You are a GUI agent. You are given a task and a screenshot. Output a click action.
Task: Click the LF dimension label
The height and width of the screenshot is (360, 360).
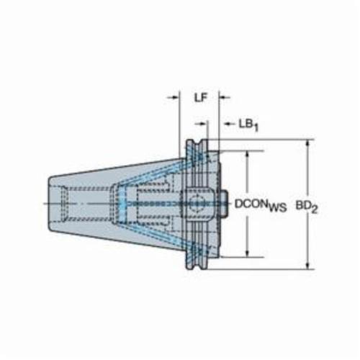click(x=200, y=98)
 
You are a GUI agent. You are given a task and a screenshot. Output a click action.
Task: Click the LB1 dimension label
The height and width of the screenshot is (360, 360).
click(x=248, y=125)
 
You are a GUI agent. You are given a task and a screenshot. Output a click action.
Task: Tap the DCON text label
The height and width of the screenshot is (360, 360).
click(x=251, y=204)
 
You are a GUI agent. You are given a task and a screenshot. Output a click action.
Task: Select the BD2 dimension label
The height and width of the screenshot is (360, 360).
click(x=307, y=206)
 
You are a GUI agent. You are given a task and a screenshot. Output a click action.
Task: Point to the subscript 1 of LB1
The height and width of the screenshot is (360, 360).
click(x=256, y=127)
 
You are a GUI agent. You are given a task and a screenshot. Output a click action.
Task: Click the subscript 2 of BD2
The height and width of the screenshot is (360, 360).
click(x=315, y=210)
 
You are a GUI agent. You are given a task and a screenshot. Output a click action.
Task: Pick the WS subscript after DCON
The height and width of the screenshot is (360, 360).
click(x=278, y=207)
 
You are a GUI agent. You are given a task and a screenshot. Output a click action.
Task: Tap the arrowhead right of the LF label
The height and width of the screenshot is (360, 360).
click(x=222, y=97)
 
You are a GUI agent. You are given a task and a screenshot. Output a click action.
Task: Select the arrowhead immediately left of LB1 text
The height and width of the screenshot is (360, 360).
click(x=228, y=124)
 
